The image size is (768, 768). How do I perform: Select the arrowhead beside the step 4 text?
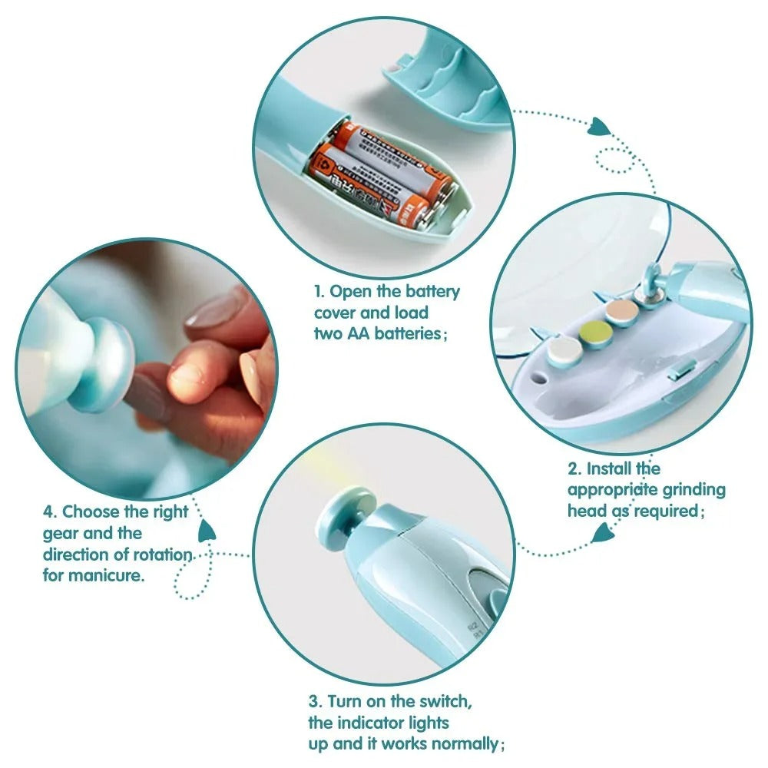pyautogui.click(x=207, y=531)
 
